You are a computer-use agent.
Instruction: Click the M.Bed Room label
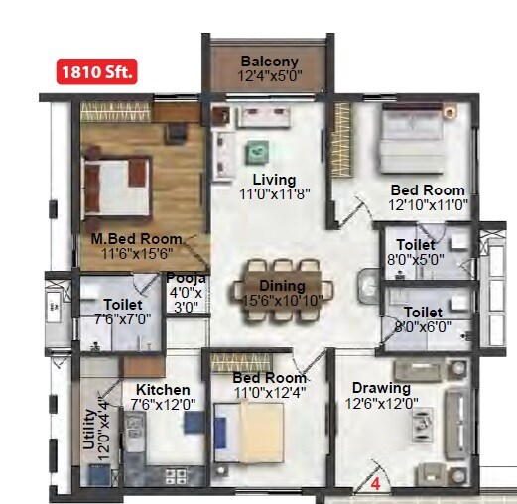137,239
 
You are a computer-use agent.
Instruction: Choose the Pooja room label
185,279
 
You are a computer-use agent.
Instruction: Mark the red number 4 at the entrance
376,485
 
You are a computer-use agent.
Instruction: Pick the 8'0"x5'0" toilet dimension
415,261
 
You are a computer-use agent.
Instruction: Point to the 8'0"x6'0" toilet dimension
415,327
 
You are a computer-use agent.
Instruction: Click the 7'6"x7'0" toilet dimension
116,319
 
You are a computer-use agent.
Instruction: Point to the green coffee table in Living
257,150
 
